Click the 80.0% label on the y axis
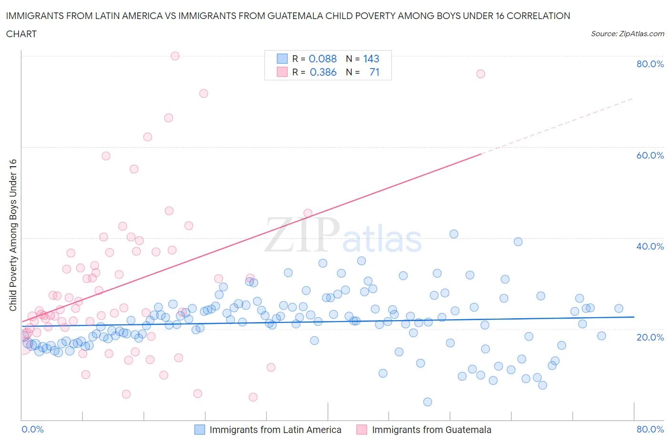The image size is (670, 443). (x=650, y=64)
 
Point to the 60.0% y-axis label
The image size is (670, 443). (x=650, y=155)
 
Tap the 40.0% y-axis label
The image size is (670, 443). (x=650, y=246)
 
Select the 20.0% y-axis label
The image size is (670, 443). (x=650, y=337)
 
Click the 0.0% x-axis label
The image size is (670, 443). (x=32, y=429)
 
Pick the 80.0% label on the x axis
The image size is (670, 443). (x=650, y=429)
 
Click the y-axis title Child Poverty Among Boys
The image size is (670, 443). (x=13, y=235)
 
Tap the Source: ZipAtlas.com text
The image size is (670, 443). (x=627, y=34)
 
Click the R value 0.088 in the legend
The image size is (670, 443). (x=323, y=59)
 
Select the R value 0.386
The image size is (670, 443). (x=323, y=72)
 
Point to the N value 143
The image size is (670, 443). (x=371, y=59)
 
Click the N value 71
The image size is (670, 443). (x=374, y=72)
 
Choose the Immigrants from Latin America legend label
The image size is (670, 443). (x=275, y=430)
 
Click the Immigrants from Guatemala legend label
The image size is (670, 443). (x=431, y=430)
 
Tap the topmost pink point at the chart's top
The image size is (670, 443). (x=175, y=56)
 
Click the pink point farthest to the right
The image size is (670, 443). (x=480, y=74)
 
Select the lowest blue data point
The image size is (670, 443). (x=427, y=402)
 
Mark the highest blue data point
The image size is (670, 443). (x=454, y=234)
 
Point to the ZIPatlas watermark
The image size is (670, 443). (x=343, y=236)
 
